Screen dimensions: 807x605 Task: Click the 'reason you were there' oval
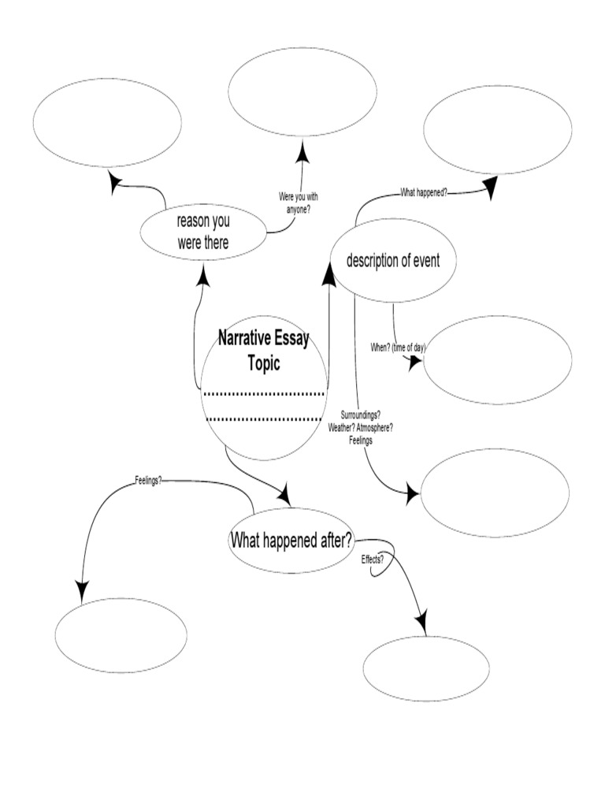[x=203, y=232]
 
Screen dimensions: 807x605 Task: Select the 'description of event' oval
[x=392, y=261]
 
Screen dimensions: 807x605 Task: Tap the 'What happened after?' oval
[x=291, y=540]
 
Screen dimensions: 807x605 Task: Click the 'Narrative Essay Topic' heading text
[x=263, y=351]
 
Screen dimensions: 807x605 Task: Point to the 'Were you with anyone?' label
[x=298, y=203]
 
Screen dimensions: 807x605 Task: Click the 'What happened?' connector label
[x=424, y=192]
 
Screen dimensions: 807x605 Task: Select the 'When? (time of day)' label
[x=398, y=348]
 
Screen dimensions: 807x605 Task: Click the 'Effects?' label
[x=372, y=559]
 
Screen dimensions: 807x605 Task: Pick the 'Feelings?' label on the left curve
[x=148, y=479]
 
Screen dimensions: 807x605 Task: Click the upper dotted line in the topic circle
[x=265, y=392]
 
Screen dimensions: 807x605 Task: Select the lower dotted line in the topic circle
[x=265, y=418]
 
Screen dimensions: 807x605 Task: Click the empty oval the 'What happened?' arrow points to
[x=497, y=131]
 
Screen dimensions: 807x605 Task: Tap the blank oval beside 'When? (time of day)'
[x=498, y=359]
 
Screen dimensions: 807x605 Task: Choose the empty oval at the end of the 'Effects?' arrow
[x=425, y=668]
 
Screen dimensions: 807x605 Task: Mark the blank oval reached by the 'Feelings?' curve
[x=121, y=634]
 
